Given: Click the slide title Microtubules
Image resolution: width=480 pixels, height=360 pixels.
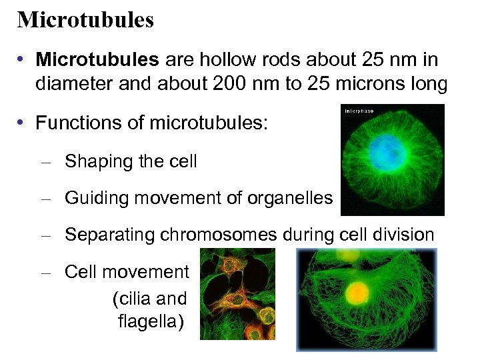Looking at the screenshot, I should coord(85,19).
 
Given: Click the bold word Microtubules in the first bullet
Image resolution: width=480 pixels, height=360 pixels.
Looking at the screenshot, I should coord(97,59).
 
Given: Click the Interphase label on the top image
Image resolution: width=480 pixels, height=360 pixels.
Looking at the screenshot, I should coord(359,110).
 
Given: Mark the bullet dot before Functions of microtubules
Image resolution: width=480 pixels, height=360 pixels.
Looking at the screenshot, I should coord(22,123).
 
